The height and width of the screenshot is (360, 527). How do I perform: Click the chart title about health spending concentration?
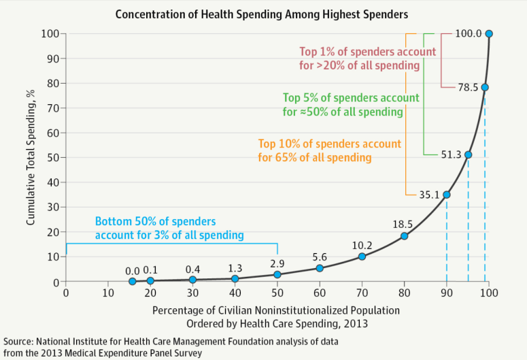tap(262, 14)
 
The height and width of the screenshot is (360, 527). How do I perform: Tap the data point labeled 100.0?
tap(489, 33)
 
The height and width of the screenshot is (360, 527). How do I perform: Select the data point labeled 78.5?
tap(485, 87)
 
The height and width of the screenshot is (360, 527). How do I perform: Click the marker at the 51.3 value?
tap(468, 154)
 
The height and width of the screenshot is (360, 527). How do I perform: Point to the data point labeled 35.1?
tap(447, 195)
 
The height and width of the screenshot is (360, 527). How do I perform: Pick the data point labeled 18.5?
tap(404, 236)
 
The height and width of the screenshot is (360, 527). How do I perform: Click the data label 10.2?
tap(361, 244)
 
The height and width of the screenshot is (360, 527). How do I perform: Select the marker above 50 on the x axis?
tap(277, 274)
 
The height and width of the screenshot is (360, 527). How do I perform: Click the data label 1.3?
tap(235, 267)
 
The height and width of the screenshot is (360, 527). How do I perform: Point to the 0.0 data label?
tap(132, 270)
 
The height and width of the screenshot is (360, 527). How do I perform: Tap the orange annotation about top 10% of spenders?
tap(330, 150)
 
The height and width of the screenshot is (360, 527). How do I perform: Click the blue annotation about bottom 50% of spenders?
tap(169, 229)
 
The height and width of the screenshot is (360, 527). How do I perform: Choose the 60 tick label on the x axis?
tap(319, 293)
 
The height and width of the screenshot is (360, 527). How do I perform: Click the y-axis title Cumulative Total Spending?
tap(31, 157)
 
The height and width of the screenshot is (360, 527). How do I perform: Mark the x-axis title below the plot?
tap(275, 317)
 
